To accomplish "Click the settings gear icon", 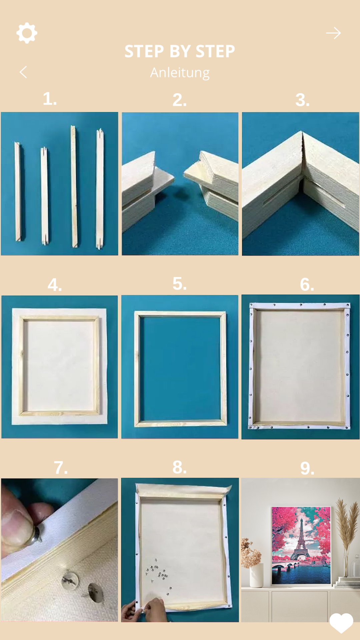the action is click(x=27, y=33).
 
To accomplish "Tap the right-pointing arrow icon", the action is click(x=333, y=33).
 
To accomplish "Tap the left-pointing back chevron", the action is click(x=23, y=72).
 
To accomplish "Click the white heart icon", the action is click(x=341, y=623).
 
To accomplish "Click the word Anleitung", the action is click(x=180, y=73).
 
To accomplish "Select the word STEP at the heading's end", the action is click(x=215, y=51).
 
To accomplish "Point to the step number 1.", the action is click(x=50, y=99).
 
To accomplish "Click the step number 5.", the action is click(x=179, y=284).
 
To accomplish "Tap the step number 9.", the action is click(x=307, y=468).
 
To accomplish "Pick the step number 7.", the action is click(x=61, y=468).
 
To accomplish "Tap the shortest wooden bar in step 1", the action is click(x=44, y=196).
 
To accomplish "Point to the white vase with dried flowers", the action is click(x=256, y=575).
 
